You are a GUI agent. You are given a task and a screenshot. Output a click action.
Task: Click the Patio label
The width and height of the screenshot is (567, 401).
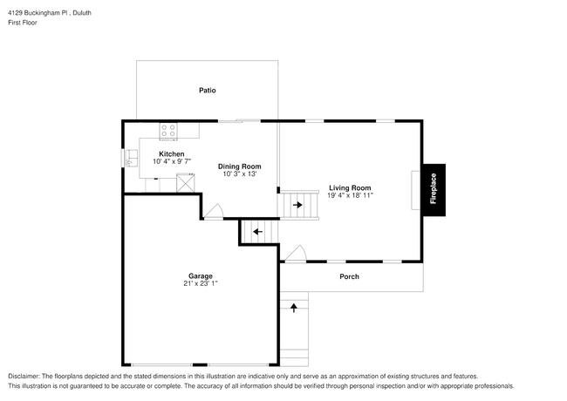[x=207, y=90]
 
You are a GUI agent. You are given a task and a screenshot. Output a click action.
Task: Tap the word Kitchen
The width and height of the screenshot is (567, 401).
[x=171, y=154]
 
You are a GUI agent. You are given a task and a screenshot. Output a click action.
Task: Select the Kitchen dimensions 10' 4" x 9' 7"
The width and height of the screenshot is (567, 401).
[x=171, y=162]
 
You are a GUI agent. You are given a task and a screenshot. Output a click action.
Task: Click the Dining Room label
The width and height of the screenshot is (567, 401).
[x=239, y=167]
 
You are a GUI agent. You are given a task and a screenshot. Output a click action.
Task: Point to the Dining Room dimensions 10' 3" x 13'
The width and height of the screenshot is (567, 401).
[x=239, y=174]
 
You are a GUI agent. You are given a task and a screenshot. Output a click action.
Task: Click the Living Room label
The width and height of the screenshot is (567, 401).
[x=350, y=187]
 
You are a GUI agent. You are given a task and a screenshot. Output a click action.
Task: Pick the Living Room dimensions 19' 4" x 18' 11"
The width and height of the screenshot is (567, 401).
[x=350, y=196]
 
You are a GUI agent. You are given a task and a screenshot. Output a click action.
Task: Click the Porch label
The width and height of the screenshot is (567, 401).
[x=349, y=276]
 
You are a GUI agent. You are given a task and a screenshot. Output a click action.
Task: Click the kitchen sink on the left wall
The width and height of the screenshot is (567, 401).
[x=131, y=159]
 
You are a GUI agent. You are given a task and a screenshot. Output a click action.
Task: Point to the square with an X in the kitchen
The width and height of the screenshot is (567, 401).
[x=185, y=182]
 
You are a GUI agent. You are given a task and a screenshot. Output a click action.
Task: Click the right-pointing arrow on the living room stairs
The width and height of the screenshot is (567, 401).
[x=298, y=206]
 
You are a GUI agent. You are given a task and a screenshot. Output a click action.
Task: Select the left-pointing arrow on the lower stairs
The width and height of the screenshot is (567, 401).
[x=256, y=231]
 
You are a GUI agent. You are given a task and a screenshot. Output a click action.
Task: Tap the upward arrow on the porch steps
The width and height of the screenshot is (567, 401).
[x=294, y=307]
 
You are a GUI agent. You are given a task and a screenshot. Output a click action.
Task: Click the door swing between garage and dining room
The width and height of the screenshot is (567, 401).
[x=215, y=212]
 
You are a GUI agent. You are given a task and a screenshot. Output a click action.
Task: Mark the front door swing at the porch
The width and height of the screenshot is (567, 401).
[x=297, y=254]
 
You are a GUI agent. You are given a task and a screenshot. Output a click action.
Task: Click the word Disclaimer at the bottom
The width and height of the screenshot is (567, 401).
[x=26, y=375]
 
